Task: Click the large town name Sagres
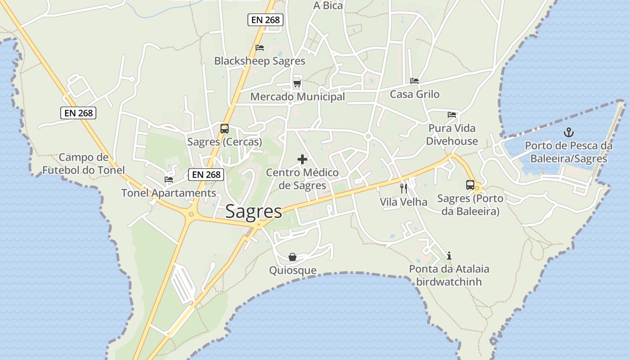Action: pos(253,211)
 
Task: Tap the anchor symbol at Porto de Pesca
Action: pos(569,132)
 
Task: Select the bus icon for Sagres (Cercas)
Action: pos(225,129)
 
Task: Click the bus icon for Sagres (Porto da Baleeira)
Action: pos(470,185)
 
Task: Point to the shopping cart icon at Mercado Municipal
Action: pos(297,84)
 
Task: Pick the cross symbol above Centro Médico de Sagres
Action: pos(302,159)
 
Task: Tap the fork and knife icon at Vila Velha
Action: pos(404,188)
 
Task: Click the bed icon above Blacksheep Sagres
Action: pos(260,48)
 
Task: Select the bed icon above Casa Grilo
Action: pos(414,81)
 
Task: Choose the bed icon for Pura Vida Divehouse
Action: pos(452,115)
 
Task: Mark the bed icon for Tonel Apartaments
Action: pos(169,180)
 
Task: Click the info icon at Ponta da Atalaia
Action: pos(449,256)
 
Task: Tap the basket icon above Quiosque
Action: pos(292,257)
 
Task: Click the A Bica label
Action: pos(328,6)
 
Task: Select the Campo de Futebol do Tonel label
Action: pos(83,164)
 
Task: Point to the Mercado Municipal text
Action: pos(297,97)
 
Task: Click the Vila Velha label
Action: pos(404,202)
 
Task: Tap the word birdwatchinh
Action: pos(449,282)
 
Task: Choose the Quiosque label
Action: pos(293,270)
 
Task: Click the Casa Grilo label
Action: pos(414,94)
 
